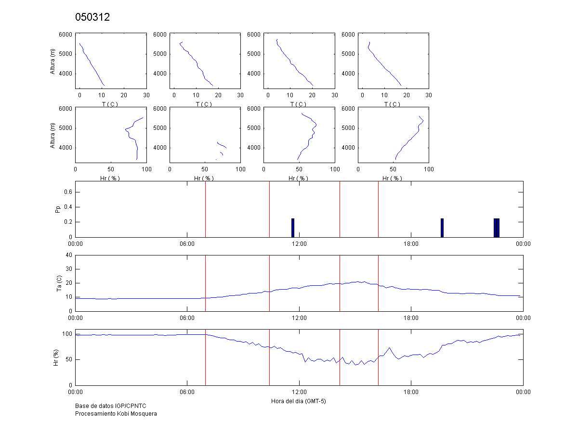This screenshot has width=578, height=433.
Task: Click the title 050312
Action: click(x=92, y=18)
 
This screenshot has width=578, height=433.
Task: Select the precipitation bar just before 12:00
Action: click(x=292, y=228)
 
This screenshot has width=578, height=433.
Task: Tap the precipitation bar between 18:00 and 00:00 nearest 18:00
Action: click(x=442, y=228)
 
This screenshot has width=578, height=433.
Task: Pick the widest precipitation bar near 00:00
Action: click(x=497, y=228)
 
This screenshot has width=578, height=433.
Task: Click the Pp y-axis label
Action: click(x=58, y=209)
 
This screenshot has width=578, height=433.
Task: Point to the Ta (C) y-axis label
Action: click(x=58, y=283)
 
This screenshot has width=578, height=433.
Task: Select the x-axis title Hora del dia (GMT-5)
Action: click(x=299, y=401)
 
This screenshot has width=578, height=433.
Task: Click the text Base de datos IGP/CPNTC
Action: click(x=110, y=407)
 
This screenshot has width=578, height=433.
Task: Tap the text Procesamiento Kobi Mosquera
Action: click(x=116, y=414)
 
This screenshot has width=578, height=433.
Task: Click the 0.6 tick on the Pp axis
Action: click(x=68, y=192)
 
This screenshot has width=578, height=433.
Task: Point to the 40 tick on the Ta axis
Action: click(x=69, y=255)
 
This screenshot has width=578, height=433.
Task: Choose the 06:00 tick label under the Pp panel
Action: click(x=187, y=244)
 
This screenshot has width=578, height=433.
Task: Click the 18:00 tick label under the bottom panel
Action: click(x=411, y=392)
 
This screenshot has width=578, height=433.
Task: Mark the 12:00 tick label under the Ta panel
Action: click(x=299, y=318)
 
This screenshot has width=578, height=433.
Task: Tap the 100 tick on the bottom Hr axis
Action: click(x=67, y=334)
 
